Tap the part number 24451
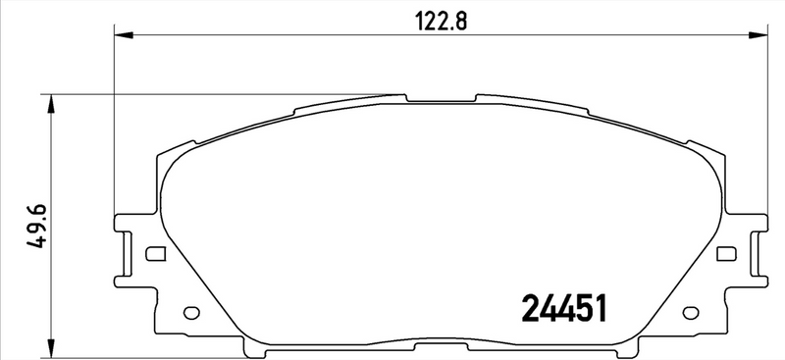562,309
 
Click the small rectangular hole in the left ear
153,255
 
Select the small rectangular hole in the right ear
726,255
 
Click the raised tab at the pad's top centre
440,97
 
